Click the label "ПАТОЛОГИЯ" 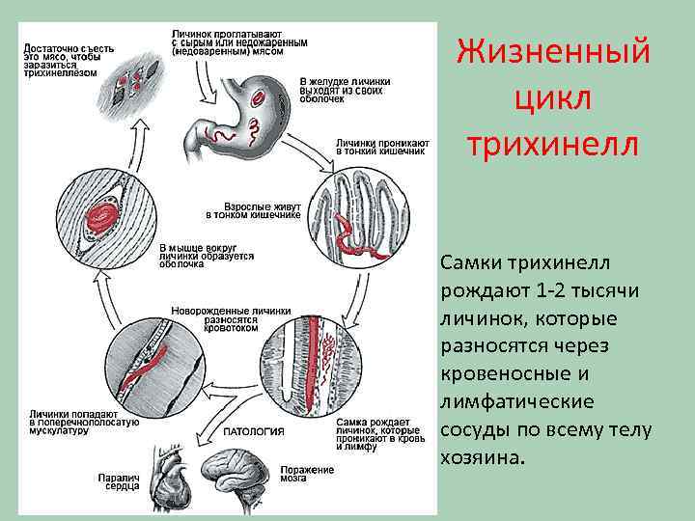[254, 431]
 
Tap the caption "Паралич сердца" [119, 480]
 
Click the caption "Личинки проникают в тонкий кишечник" [380, 147]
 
